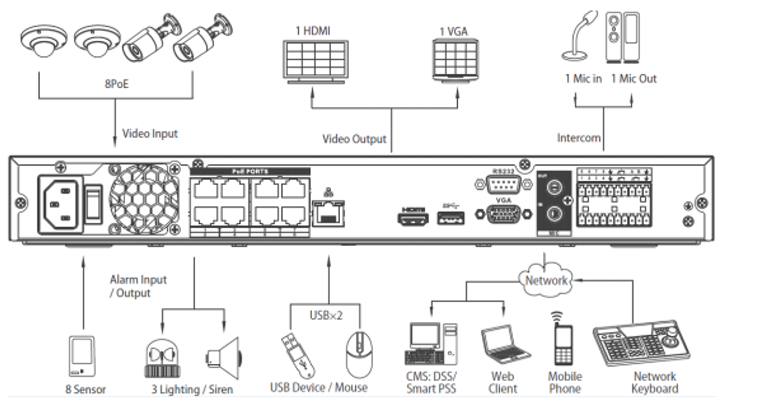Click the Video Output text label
355,139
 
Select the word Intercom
578,137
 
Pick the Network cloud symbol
545,280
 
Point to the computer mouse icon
358,354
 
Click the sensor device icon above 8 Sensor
81,356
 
